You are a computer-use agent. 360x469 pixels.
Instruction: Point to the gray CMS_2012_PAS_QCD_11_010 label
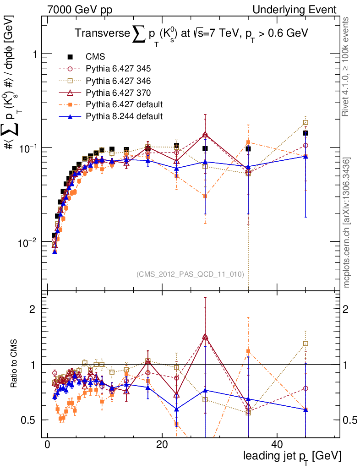click(x=190, y=274)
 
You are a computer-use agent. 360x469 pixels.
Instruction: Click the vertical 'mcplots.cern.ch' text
click(x=347, y=223)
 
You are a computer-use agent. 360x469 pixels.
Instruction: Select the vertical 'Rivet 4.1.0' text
click(x=347, y=66)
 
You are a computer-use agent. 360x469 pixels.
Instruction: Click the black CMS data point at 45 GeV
click(x=305, y=133)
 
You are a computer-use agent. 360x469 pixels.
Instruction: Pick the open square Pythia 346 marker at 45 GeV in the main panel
click(x=305, y=122)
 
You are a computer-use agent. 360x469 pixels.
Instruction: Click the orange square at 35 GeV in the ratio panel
click(x=248, y=351)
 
